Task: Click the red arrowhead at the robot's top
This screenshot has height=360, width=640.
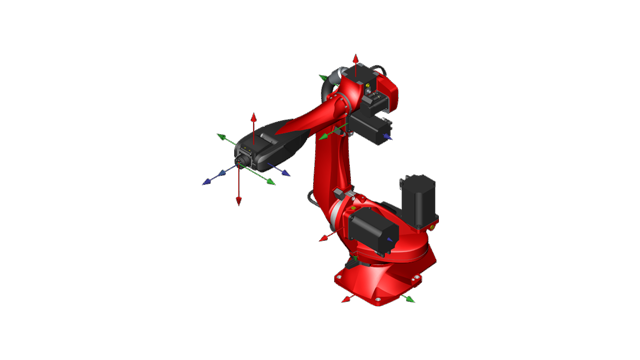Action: click(x=355, y=59)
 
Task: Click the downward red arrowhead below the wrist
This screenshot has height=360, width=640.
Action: click(x=239, y=201)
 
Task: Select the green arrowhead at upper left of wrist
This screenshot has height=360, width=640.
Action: click(x=221, y=137)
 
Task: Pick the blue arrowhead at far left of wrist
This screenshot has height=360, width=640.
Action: click(x=208, y=182)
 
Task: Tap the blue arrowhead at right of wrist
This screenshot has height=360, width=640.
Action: click(x=286, y=172)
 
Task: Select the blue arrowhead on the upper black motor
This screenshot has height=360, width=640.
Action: click(x=388, y=138)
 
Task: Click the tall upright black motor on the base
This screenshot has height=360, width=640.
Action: click(x=417, y=200)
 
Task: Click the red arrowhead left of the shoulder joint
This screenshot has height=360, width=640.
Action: click(x=323, y=239)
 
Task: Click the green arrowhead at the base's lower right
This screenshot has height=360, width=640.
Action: click(x=411, y=298)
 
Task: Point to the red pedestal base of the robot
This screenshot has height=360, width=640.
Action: click(x=385, y=275)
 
